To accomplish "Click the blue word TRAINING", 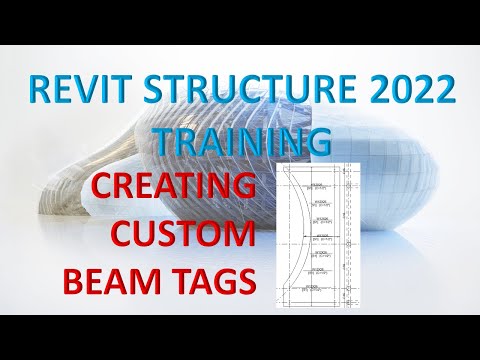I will [241, 141].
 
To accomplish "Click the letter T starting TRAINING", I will [164, 141].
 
